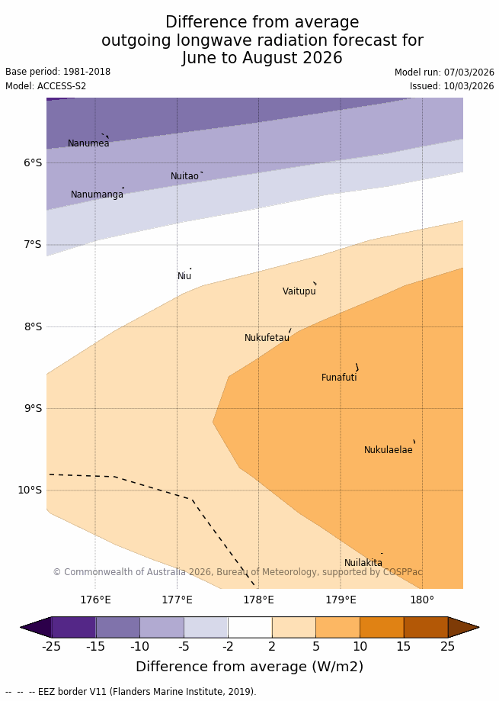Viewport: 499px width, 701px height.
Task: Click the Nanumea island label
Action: pyautogui.click(x=88, y=143)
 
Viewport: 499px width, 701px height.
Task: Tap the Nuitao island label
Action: pyautogui.click(x=184, y=176)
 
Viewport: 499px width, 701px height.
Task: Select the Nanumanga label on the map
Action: pyautogui.click(x=97, y=195)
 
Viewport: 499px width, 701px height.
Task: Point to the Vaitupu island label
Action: pyautogui.click(x=299, y=291)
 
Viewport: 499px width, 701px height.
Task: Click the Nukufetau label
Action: pyautogui.click(x=267, y=338)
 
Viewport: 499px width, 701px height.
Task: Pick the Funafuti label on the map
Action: pyautogui.click(x=339, y=378)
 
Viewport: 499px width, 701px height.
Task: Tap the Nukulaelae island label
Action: pyautogui.click(x=388, y=450)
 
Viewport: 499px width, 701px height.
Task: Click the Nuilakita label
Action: pyautogui.click(x=363, y=563)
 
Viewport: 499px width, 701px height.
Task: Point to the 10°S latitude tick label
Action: pyautogui.click(x=30, y=490)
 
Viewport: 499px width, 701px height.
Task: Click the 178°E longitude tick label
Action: pyautogui.click(x=258, y=600)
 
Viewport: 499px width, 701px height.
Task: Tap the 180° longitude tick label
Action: pyautogui.click(x=422, y=600)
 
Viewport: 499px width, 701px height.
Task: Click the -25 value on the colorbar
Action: pyautogui.click(x=51, y=647)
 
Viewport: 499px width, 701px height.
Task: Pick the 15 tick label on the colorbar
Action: pyautogui.click(x=403, y=647)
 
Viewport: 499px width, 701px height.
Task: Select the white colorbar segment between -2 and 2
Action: pyautogui.click(x=250, y=627)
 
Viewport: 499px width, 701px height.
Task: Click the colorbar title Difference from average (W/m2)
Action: pyautogui.click(x=249, y=667)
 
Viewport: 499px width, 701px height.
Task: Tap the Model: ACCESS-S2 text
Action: pyautogui.click(x=46, y=86)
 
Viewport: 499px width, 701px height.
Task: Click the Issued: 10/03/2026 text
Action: pyautogui.click(x=452, y=86)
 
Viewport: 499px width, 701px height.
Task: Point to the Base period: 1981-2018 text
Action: pyautogui.click(x=58, y=72)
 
